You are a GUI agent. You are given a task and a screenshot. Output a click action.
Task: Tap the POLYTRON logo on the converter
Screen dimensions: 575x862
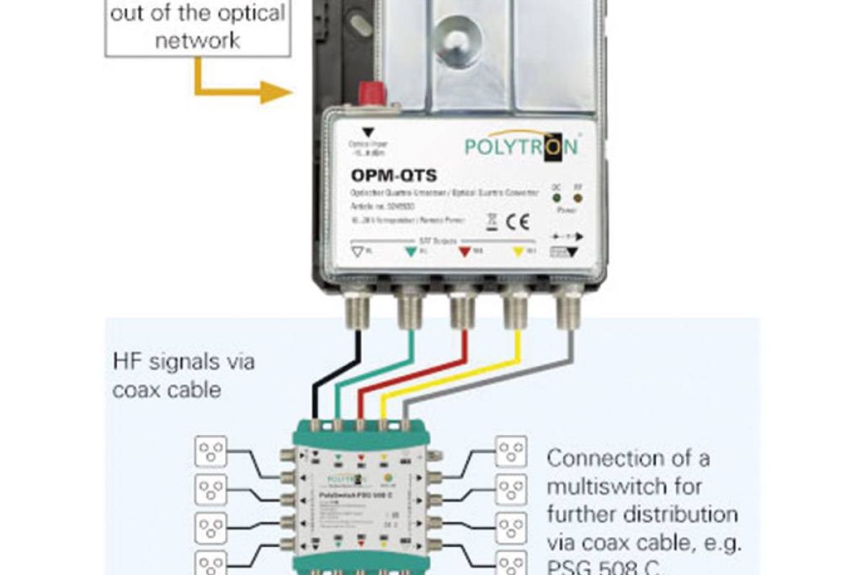point(521,146)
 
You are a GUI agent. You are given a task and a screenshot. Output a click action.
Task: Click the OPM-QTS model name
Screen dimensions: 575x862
point(394,175)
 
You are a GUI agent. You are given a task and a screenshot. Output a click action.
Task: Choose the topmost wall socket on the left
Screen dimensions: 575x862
point(210,451)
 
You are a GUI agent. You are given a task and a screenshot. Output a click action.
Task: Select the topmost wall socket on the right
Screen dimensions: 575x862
point(511,451)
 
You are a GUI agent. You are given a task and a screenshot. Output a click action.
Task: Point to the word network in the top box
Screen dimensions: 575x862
point(198,40)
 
